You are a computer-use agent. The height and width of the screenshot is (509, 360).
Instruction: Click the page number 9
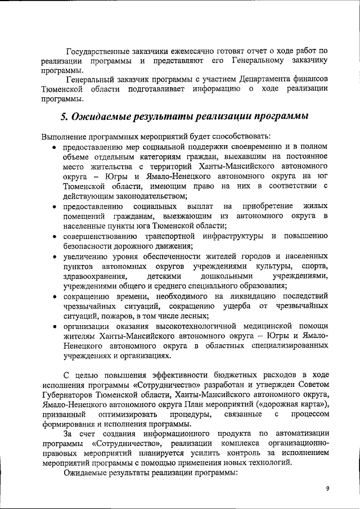coord(327,488)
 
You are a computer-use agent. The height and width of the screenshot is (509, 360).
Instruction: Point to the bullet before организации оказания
coord(53,327)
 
